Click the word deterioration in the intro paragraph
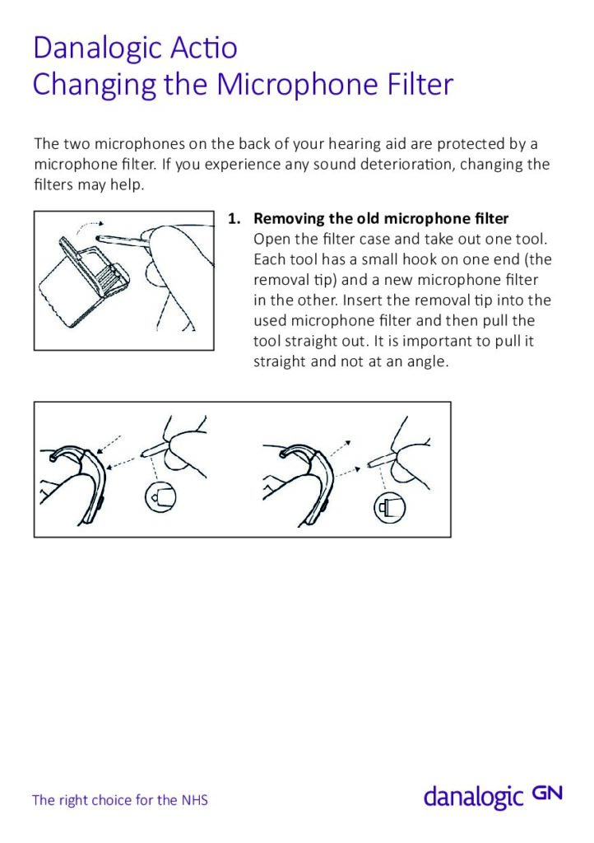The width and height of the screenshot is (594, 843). (407, 164)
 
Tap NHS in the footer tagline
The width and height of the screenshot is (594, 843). (194, 799)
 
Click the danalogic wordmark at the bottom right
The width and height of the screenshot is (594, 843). (473, 798)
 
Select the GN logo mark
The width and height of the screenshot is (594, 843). (547, 794)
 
